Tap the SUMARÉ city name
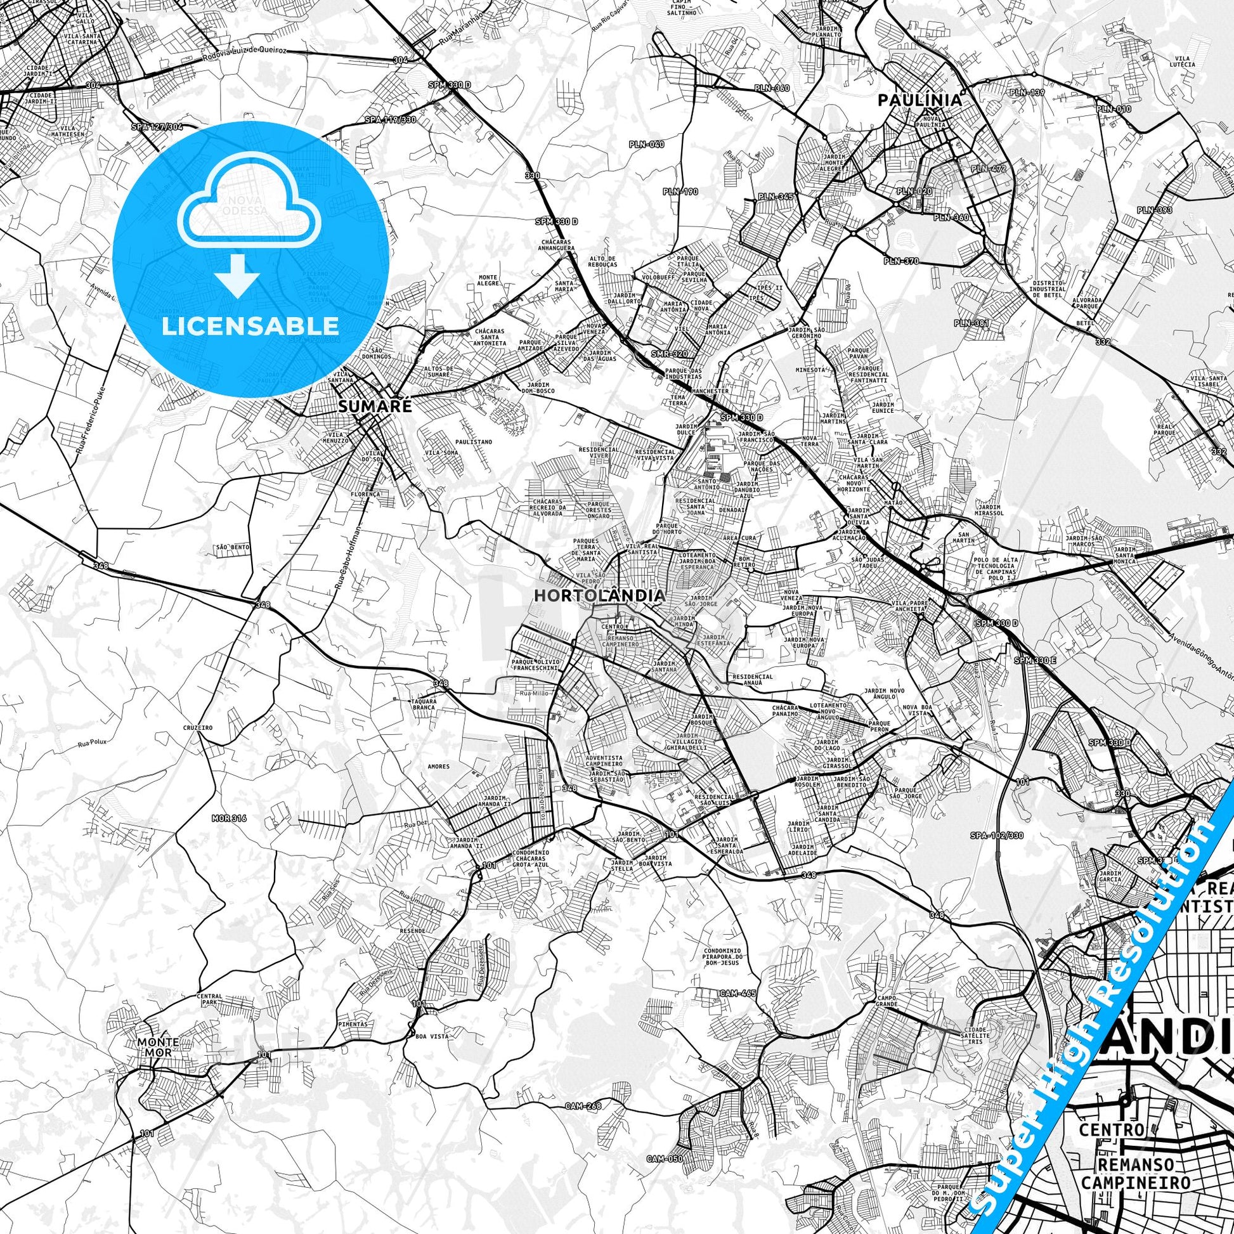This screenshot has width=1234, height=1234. point(366,406)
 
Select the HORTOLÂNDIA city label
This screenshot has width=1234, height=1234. point(599,595)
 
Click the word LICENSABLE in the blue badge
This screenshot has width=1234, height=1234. point(250,326)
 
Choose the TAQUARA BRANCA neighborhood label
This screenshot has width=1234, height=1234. point(423,704)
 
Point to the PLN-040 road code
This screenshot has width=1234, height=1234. point(646,145)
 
